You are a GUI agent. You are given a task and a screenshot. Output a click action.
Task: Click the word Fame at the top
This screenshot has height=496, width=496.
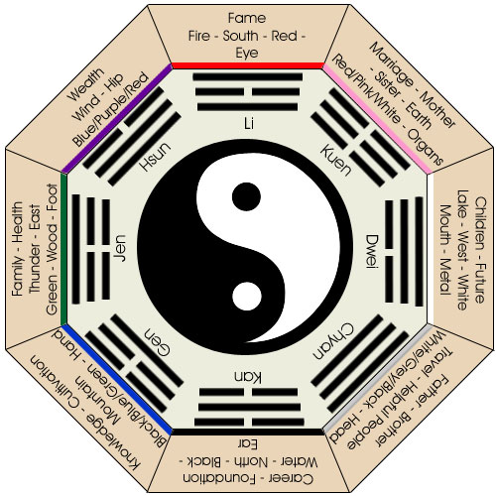tap(247, 18)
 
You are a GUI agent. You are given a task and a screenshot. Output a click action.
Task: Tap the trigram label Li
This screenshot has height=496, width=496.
tap(248, 124)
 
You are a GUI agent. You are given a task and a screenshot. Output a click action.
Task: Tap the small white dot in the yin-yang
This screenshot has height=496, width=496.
tap(247, 296)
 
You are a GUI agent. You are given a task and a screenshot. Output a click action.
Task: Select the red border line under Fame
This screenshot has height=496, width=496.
tap(248, 66)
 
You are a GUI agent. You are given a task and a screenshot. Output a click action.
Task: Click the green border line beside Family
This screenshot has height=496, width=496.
tap(63, 248)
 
